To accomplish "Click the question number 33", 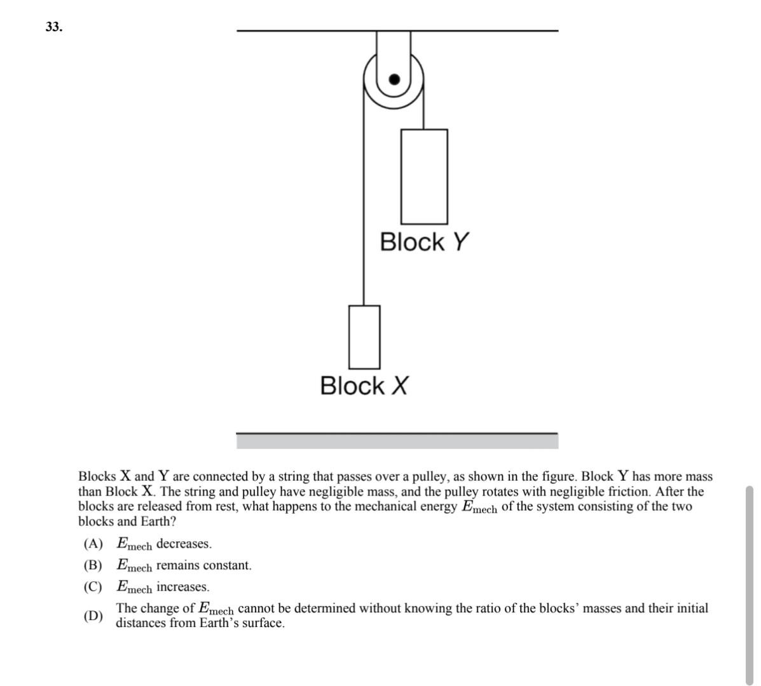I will pyautogui.click(x=54, y=27).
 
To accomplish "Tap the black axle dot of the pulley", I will pyautogui.click(x=395, y=79).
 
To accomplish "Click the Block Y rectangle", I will pyautogui.click(x=424, y=176).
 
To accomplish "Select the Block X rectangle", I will pyautogui.click(x=364, y=337).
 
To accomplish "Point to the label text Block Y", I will pyautogui.click(x=424, y=242).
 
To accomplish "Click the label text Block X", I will pyautogui.click(x=364, y=386).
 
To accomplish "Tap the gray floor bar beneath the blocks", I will pyautogui.click(x=397, y=441).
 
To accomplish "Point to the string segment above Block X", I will pyautogui.click(x=363, y=222).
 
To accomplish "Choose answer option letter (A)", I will pyautogui.click(x=93, y=544).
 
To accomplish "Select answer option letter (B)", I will pyautogui.click(x=93, y=565).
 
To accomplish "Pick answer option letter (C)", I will pyautogui.click(x=93, y=587).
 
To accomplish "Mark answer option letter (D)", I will pyautogui.click(x=93, y=615).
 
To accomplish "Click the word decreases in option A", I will pyautogui.click(x=184, y=544).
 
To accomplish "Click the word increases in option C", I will pyautogui.click(x=182, y=587).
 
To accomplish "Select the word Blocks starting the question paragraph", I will pyautogui.click(x=97, y=476).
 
